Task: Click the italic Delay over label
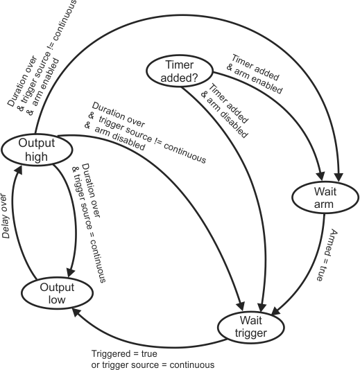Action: [x=6, y=216]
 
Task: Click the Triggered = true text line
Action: [x=124, y=354]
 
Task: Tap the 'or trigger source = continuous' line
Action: [x=153, y=365]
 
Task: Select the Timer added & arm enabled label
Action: [x=255, y=74]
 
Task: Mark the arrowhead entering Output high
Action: [x=19, y=170]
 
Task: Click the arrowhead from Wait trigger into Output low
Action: [x=76, y=312]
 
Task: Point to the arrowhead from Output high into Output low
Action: [x=71, y=272]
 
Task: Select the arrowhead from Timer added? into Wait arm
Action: [x=320, y=176]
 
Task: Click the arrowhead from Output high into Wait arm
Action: [x=338, y=177]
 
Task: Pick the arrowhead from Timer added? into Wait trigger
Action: [x=262, y=308]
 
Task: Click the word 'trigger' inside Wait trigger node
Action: [x=250, y=333]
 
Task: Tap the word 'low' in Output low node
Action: [x=57, y=299]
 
